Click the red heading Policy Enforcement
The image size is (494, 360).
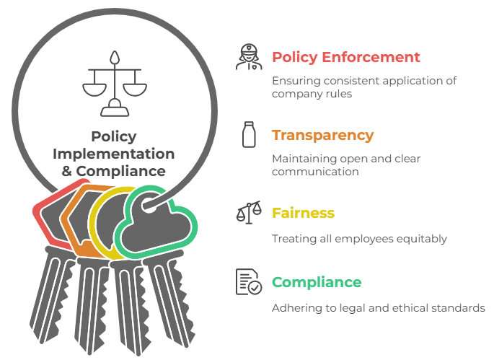click(x=345, y=57)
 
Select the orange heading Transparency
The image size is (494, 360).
click(x=322, y=136)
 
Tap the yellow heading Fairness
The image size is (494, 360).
click(x=303, y=214)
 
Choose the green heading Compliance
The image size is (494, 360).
click(x=317, y=282)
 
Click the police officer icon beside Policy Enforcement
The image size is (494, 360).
click(x=250, y=58)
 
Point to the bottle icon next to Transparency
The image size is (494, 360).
click(x=250, y=134)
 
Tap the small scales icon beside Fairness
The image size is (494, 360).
click(x=250, y=214)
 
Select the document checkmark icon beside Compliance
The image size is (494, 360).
click(x=250, y=282)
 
